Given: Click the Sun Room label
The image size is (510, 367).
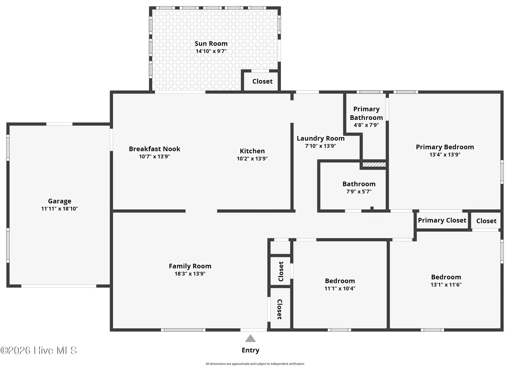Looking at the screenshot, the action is pos(211,43).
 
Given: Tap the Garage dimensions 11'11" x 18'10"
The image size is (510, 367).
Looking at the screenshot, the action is pos(60,209).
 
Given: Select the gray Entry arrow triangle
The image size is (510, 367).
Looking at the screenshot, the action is pos(250,338).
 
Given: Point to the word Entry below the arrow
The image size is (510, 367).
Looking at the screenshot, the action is pos(250,350).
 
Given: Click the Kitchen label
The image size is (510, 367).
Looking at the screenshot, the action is pos(252,151).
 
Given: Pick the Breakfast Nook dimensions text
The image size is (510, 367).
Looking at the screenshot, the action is pos(155,157).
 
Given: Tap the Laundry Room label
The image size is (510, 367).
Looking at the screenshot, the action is pos(320,138).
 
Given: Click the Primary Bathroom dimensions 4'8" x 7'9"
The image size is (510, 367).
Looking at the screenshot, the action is pos(366,125).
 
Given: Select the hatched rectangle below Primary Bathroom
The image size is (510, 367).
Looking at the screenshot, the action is pos(374,164).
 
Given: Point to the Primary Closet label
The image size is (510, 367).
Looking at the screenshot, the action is pos(442,221).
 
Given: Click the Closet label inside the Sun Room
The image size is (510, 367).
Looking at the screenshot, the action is pos(263,81).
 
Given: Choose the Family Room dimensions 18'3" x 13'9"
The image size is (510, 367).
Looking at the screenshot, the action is pos(190,274).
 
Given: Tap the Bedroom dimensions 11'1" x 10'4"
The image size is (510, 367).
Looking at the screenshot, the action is pos(340,289).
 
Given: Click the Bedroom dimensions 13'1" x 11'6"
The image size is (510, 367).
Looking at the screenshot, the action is pos(446,284).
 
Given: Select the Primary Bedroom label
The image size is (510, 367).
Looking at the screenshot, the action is pos(445,147).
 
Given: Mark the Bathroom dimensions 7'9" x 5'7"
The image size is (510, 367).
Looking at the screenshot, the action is pos(359,192).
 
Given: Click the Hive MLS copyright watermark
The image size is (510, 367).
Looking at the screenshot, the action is pos(38,350).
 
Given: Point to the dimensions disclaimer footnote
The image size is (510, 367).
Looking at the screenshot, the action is pos(255,364).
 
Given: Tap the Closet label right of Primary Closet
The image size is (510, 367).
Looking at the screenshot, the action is pos(486,221).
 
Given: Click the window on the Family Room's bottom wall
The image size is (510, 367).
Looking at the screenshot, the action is pos(183,330).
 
